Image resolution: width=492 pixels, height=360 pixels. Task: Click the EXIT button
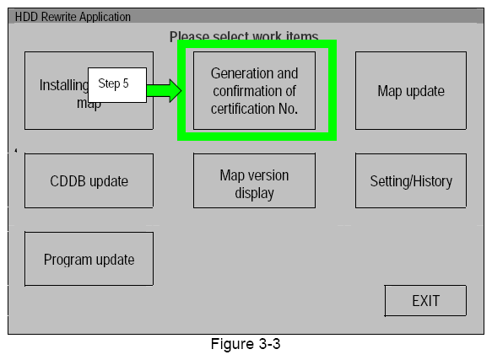coord(425,301)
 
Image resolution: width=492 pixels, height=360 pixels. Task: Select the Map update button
coord(410,90)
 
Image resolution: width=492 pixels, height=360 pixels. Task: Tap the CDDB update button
coord(89,180)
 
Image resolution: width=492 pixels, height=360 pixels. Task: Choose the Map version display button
coord(254,184)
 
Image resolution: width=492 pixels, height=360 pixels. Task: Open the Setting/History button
coord(410,180)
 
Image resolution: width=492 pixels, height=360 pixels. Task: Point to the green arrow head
coord(175,90)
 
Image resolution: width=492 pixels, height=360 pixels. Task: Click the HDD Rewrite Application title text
coord(73,16)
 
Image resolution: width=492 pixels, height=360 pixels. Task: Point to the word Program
coord(68,260)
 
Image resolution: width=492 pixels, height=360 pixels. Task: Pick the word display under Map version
coord(254,193)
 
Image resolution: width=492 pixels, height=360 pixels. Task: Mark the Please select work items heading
coord(244,36)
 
